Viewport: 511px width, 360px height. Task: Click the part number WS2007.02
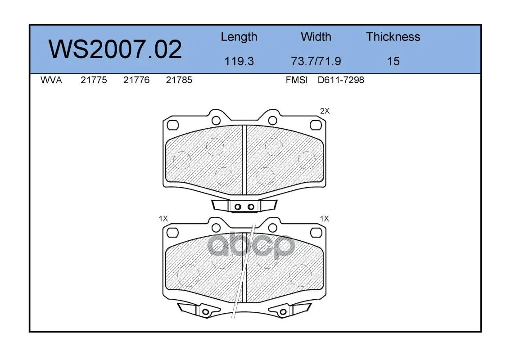click(x=115, y=49)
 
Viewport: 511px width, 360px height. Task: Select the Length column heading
click(x=239, y=37)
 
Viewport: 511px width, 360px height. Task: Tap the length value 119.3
click(x=239, y=61)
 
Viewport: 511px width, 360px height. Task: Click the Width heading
click(x=316, y=36)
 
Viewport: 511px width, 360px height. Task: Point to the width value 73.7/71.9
click(x=316, y=61)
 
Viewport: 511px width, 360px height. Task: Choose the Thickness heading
click(x=393, y=36)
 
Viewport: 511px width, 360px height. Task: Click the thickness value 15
click(x=393, y=61)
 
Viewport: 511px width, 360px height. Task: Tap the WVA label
click(x=51, y=80)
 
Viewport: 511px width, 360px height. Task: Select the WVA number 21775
click(x=94, y=80)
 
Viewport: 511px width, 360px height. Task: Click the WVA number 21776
click(x=136, y=80)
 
